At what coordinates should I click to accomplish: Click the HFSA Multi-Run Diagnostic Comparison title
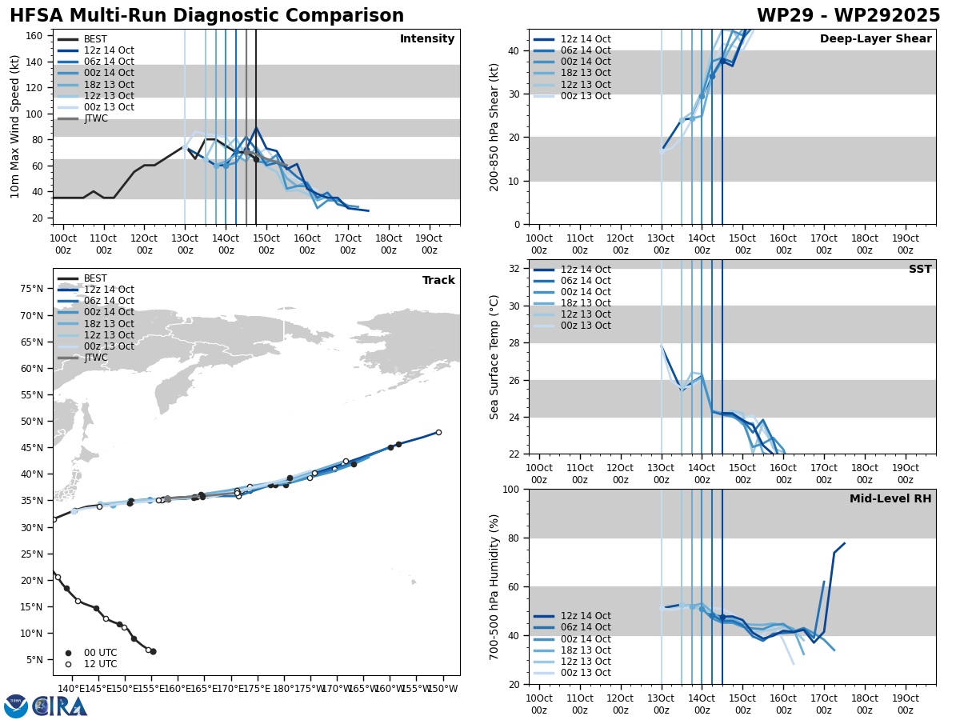[206, 16]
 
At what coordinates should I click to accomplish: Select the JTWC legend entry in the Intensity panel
[95, 119]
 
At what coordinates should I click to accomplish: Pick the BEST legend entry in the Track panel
[95, 279]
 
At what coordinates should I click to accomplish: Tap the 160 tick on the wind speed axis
[36, 36]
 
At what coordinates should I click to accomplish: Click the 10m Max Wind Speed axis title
[15, 126]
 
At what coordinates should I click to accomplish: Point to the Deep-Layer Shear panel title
[875, 39]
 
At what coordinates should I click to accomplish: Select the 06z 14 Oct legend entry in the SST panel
[586, 281]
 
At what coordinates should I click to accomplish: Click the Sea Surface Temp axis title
[494, 357]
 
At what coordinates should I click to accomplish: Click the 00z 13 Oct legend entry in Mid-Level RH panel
[586, 673]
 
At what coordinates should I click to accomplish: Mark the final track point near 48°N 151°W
[438, 432]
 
